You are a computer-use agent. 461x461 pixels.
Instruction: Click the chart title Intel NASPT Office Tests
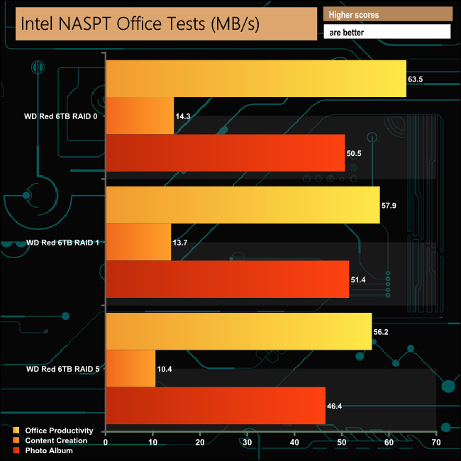click(140, 24)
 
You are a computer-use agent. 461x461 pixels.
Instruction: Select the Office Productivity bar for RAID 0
click(255, 78)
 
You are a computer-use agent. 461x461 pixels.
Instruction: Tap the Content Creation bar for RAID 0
click(140, 115)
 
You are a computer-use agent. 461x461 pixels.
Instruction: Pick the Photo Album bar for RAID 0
click(225, 152)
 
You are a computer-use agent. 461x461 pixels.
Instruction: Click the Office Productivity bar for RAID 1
click(243, 204)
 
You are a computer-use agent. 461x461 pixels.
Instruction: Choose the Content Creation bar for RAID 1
click(138, 242)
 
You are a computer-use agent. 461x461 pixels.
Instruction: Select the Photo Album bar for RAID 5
click(216, 406)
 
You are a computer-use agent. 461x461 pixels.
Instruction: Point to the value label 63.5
click(416, 79)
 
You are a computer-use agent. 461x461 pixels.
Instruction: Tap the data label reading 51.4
click(358, 279)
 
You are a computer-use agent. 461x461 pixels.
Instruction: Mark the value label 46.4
click(335, 406)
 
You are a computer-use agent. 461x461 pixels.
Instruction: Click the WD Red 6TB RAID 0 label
click(61, 116)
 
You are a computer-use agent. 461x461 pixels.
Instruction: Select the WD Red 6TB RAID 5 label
click(61, 369)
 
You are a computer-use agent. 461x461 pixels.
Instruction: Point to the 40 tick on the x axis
click(294, 443)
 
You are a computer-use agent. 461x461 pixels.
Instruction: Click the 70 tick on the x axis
click(435, 443)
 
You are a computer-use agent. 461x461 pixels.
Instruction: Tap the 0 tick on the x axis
click(106, 443)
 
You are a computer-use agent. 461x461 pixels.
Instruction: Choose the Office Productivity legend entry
click(59, 431)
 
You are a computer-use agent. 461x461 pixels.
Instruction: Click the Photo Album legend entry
click(49, 450)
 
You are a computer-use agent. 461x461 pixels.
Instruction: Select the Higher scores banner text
click(354, 14)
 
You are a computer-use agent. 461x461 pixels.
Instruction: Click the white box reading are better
click(387, 32)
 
